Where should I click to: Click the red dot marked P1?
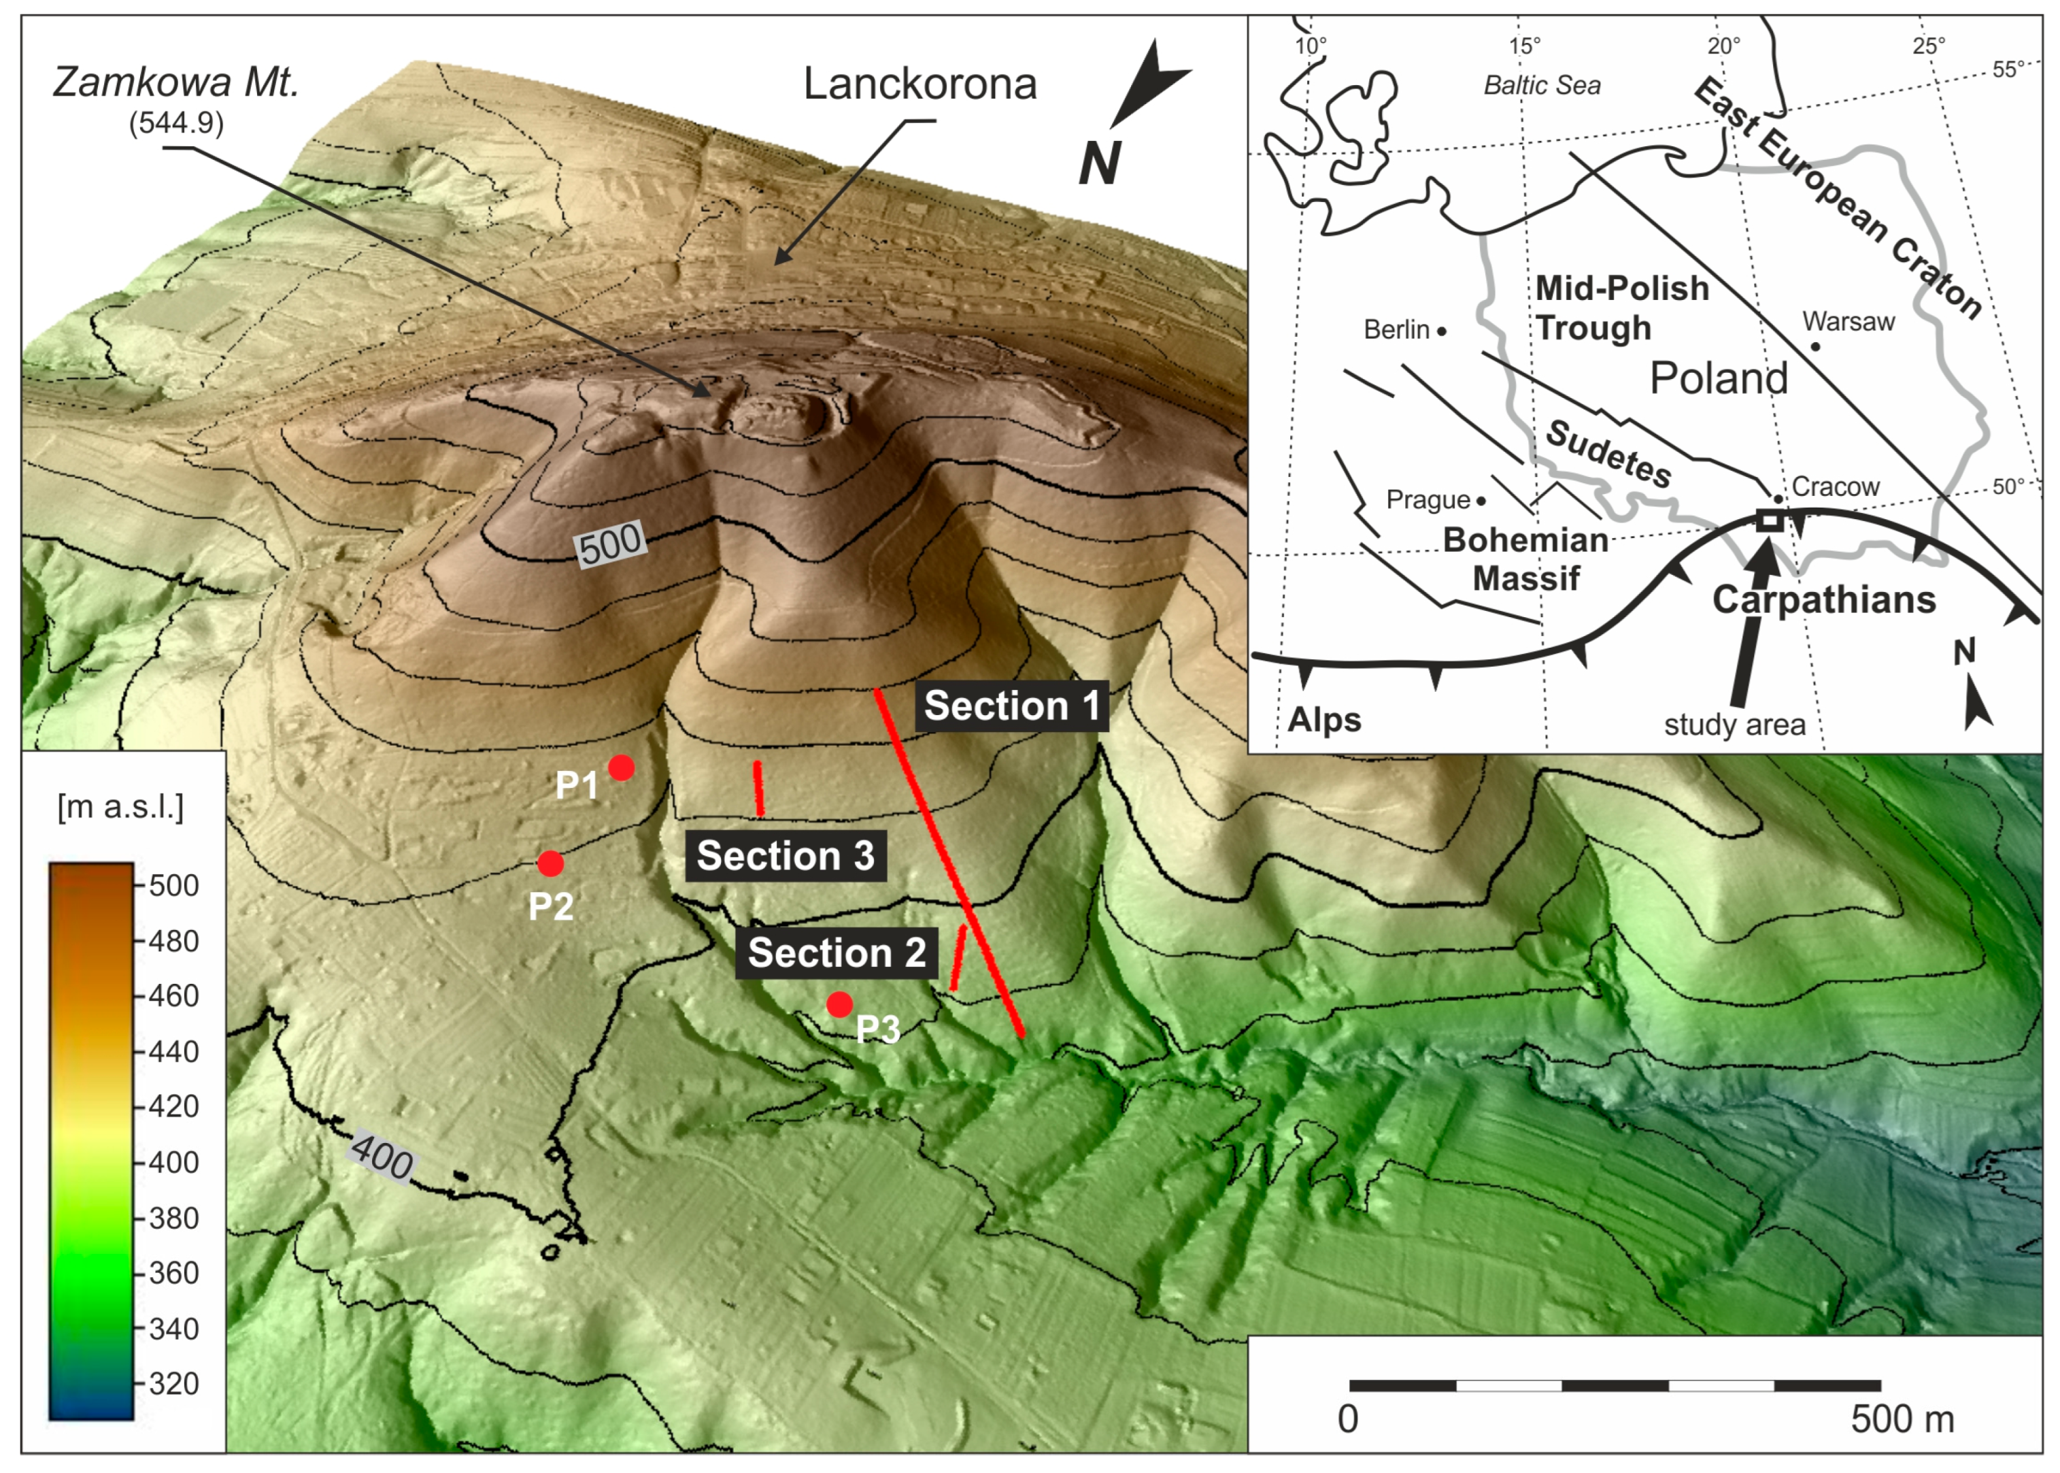[621, 767]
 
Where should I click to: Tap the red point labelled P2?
[550, 863]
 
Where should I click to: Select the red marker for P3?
[840, 1004]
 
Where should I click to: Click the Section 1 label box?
[1011, 706]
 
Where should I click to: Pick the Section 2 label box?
[836, 953]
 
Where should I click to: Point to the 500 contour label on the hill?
[610, 544]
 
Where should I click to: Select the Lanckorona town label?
[919, 84]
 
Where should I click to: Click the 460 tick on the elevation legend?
[172, 996]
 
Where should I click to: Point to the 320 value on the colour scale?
[172, 1383]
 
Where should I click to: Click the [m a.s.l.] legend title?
[120, 806]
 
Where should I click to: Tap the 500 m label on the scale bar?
[1902, 1419]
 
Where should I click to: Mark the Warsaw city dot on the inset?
[1814, 346]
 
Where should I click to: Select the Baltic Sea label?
[1541, 85]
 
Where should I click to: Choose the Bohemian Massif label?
[1526, 559]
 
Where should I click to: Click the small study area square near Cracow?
[1769, 520]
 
